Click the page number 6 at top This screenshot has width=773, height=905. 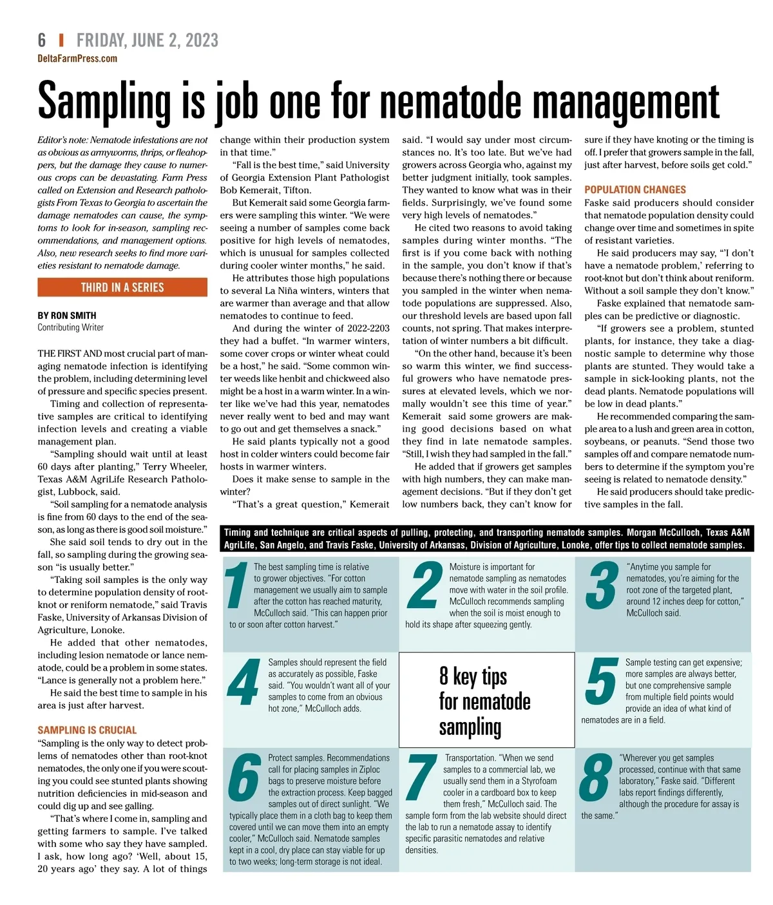[x=42, y=41]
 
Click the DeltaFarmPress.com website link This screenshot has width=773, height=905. [x=77, y=59]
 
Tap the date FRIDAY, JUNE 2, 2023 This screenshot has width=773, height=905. [x=148, y=41]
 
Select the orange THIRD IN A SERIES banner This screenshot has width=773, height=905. [x=122, y=287]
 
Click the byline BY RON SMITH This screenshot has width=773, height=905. [x=67, y=316]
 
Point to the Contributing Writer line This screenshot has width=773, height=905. [x=70, y=327]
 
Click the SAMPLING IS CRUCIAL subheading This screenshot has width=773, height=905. [x=87, y=730]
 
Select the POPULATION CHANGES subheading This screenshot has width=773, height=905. [x=635, y=190]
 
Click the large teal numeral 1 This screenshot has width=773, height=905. [x=237, y=586]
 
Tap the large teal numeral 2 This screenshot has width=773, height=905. [x=424, y=586]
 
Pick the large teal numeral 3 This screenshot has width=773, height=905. [x=601, y=586]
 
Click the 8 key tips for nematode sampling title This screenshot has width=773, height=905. [x=485, y=701]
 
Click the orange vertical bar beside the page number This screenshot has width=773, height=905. [x=61, y=41]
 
